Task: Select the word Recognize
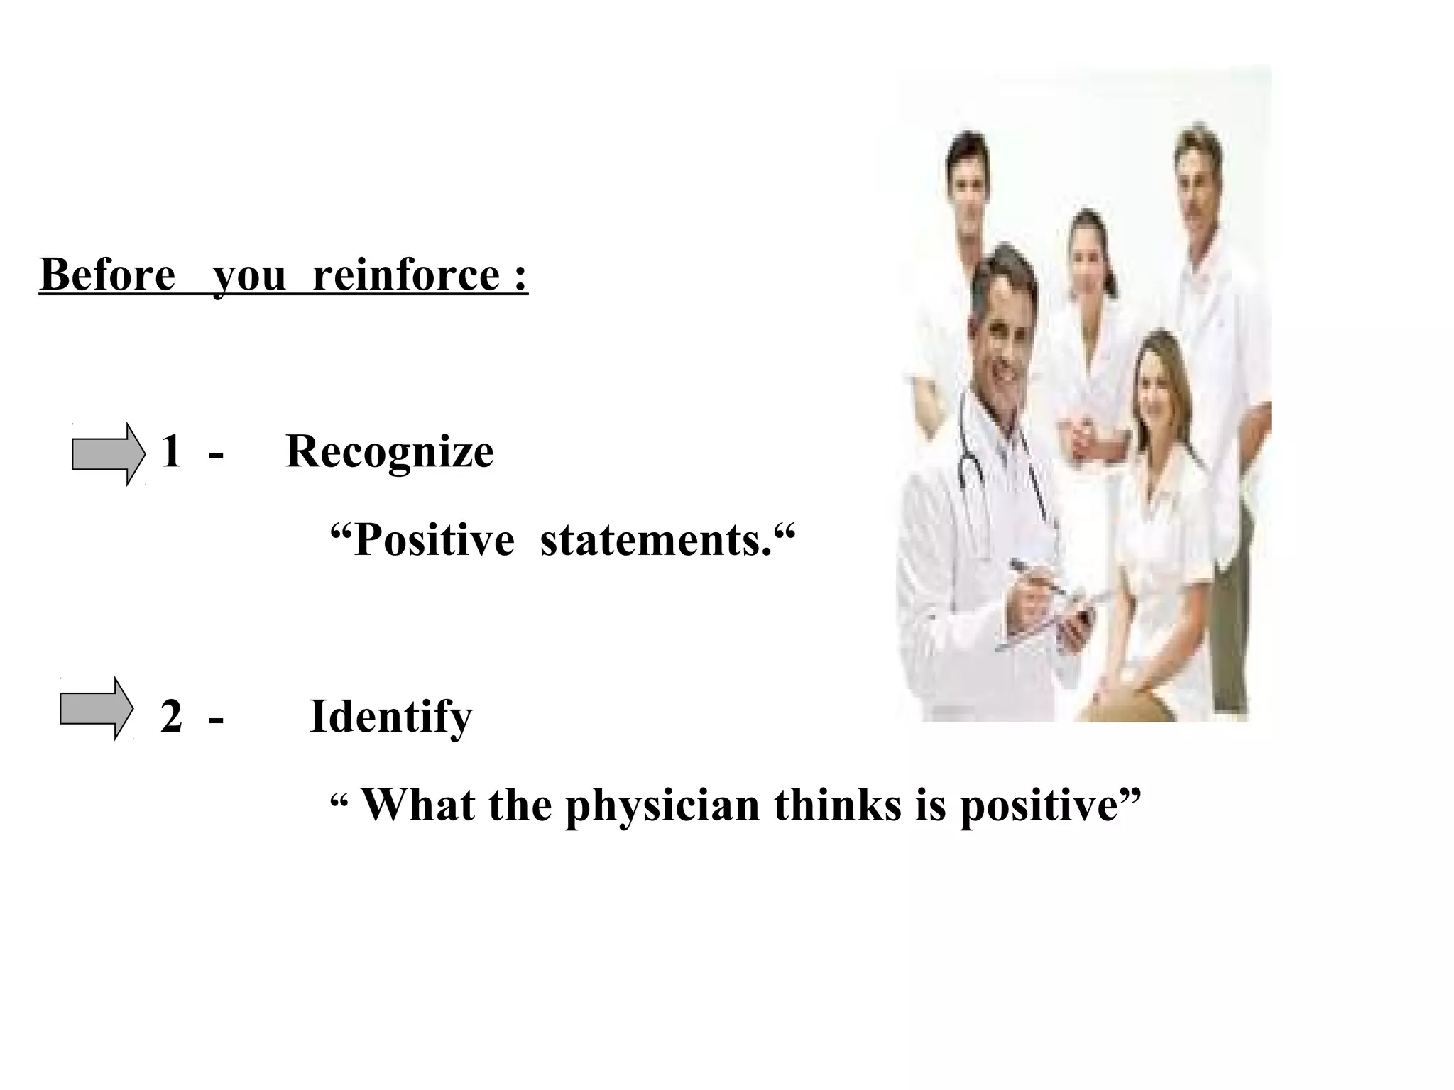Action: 389,451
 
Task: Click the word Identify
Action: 390,717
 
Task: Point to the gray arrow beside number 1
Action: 109,454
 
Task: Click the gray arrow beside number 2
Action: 97,709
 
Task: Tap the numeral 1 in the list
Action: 171,451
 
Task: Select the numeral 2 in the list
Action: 171,717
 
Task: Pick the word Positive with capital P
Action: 434,540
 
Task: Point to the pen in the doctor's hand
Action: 1037,578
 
